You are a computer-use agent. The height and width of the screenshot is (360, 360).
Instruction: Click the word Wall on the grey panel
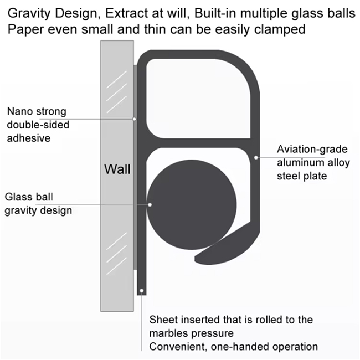(x=117, y=169)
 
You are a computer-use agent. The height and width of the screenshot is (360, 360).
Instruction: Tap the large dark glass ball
(x=192, y=205)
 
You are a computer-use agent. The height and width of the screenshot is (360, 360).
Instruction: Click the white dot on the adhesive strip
(x=135, y=119)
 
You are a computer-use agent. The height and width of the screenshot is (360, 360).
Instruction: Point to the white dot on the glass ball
(x=150, y=204)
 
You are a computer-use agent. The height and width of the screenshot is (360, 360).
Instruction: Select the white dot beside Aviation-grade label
(x=256, y=157)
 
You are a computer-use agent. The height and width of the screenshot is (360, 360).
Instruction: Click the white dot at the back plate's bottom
(x=142, y=291)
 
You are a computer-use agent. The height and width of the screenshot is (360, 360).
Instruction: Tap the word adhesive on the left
(x=28, y=138)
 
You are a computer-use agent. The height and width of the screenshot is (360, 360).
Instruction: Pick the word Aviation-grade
(x=312, y=150)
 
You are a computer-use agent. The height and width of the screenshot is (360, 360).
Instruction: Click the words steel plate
(x=302, y=176)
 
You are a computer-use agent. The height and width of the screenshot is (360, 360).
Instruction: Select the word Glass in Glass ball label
(x=17, y=197)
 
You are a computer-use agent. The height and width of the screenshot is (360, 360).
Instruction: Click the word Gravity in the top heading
(x=29, y=14)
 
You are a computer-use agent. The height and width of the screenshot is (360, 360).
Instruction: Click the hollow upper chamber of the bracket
(x=198, y=99)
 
